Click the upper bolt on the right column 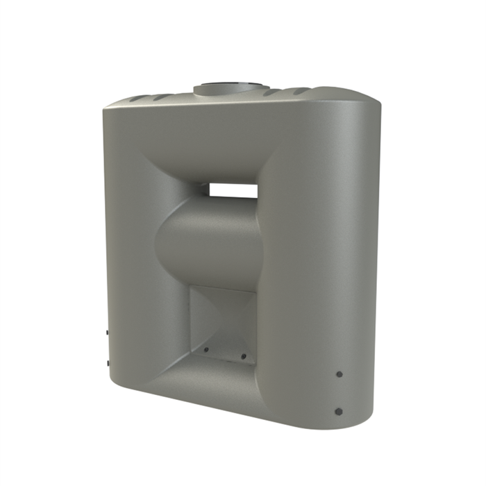coord(339,374)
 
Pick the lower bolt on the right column coord(339,410)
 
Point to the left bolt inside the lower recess coord(207,349)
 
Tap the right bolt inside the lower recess coord(244,357)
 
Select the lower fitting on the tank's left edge coord(107,363)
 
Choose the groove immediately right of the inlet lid coord(274,92)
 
